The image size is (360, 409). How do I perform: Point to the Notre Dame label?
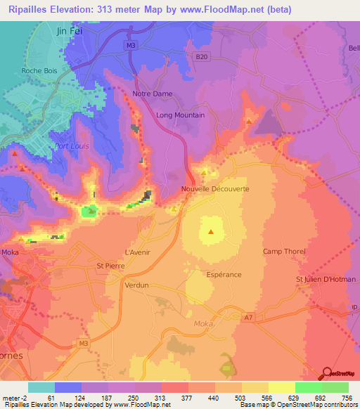(x=153, y=93)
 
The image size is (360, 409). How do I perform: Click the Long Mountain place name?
(x=180, y=115)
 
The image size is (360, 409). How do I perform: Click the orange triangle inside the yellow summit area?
(x=211, y=231)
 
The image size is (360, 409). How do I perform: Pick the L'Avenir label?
(x=137, y=252)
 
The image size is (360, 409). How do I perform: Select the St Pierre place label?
(x=110, y=266)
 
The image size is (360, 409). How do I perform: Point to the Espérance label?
(x=224, y=275)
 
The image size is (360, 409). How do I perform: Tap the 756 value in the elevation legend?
(x=348, y=398)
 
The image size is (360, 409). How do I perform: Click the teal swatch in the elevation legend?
(x=41, y=387)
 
